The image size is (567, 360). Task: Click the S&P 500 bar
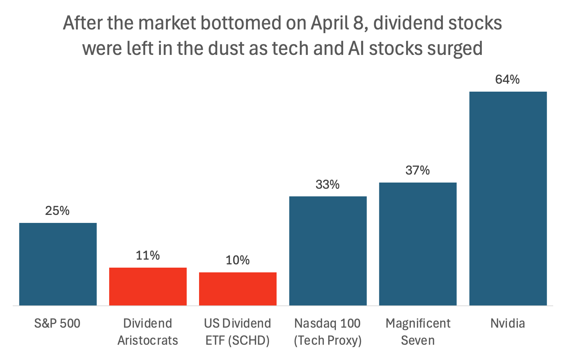tap(58, 264)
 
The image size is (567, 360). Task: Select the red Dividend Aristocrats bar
tap(148, 287)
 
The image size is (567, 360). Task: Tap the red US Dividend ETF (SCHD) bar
tap(238, 289)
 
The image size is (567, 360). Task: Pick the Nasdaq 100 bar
tap(328, 251)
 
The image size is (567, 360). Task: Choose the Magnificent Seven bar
tap(418, 244)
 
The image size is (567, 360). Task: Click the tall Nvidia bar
tap(508, 198)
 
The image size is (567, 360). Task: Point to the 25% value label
tap(58, 211)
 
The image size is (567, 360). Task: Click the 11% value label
tap(148, 256)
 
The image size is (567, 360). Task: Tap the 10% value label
tap(238, 260)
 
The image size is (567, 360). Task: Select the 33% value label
tap(328, 185)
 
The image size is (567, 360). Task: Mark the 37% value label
tap(418, 170)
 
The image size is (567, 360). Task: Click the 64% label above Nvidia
tap(508, 79)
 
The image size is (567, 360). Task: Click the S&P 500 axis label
tap(58, 323)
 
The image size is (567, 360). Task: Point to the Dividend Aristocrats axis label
tap(148, 332)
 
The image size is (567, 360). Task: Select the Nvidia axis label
tap(508, 323)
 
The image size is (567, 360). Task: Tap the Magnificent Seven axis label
tap(418, 332)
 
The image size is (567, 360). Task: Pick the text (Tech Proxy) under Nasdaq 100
tap(328, 341)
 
